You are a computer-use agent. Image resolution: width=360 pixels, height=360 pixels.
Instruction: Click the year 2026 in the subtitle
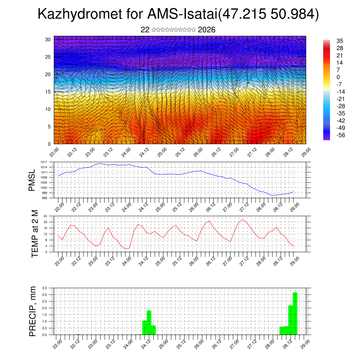[x=207, y=30]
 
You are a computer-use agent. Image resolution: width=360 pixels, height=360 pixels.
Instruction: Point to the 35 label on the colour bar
[x=340, y=40]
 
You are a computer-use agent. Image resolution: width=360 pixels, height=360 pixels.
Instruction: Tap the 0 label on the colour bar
[x=338, y=77]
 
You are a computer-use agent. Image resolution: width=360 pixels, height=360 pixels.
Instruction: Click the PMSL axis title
[x=32, y=180]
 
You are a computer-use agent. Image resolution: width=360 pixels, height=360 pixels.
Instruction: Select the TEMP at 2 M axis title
[x=34, y=233]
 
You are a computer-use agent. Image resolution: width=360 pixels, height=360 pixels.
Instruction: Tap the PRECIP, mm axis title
[x=33, y=311]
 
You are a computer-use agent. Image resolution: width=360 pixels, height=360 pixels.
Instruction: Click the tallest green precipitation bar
[x=295, y=313]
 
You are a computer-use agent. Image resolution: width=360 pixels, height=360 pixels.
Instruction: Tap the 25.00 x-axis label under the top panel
[x=161, y=154]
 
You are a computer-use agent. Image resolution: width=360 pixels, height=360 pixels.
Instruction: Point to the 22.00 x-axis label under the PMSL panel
[x=58, y=207]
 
